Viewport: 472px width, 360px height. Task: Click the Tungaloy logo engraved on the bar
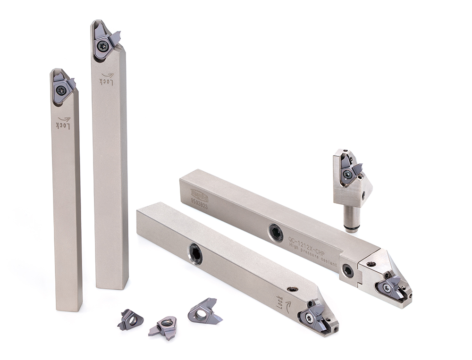point(199,193)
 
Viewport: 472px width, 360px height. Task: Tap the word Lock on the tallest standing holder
point(107,78)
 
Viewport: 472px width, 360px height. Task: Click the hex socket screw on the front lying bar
point(195,254)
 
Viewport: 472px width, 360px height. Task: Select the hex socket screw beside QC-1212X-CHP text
point(277,233)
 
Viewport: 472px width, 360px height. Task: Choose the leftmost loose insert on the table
point(130,319)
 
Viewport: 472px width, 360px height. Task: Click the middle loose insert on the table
point(164,326)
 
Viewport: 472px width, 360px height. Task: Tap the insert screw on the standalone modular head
point(347,175)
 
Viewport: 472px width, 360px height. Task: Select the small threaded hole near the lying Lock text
point(294,289)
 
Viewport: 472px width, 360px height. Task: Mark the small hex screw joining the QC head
point(347,271)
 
